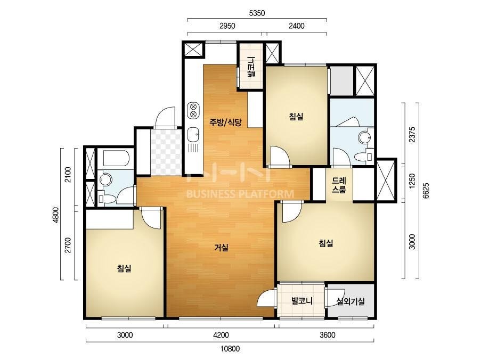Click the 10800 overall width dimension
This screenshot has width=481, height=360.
click(x=230, y=349)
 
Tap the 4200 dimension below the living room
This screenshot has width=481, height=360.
click(x=221, y=335)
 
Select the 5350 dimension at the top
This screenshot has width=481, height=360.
click(x=257, y=13)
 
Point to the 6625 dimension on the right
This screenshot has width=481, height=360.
click(x=426, y=191)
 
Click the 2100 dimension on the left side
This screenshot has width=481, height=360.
click(x=68, y=175)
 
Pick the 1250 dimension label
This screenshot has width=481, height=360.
click(x=412, y=181)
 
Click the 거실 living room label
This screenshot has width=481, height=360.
click(x=221, y=247)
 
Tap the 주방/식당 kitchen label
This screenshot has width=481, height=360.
click(x=225, y=122)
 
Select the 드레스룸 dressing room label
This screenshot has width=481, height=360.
click(x=339, y=185)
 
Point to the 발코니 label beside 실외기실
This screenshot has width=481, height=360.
click(x=302, y=300)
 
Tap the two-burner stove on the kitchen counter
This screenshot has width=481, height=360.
click(x=193, y=110)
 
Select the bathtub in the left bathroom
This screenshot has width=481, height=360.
click(x=116, y=158)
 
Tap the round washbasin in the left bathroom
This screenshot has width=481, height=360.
click(x=106, y=179)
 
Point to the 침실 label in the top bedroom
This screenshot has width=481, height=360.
click(x=296, y=116)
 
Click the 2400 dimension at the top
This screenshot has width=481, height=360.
click(x=297, y=26)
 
